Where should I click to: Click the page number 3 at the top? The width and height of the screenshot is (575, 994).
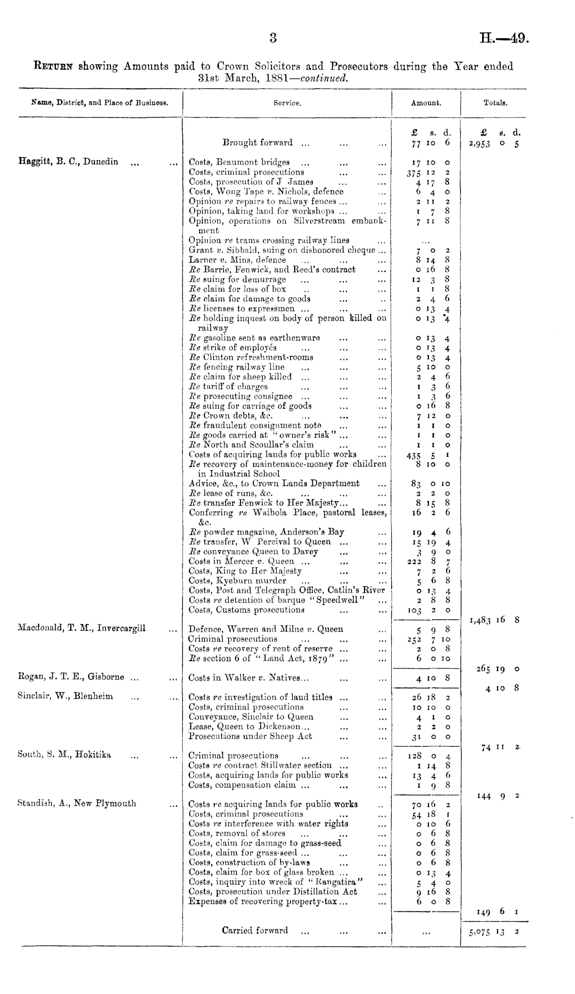pyautogui.click(x=273, y=37)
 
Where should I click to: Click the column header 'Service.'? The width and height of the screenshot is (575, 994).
pyautogui.click(x=287, y=103)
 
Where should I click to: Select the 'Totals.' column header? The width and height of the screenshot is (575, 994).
pyautogui.click(x=495, y=103)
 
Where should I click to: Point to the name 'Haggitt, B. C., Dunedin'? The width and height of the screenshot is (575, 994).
pyautogui.click(x=68, y=162)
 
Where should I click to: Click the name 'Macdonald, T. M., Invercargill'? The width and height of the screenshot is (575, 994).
pyautogui.click(x=82, y=628)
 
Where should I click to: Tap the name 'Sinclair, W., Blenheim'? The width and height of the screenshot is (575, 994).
pyautogui.click(x=65, y=696)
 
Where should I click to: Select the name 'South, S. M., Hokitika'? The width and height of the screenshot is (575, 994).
pyautogui.click(x=64, y=755)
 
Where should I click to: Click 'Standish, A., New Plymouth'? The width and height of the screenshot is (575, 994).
pyautogui.click(x=76, y=804)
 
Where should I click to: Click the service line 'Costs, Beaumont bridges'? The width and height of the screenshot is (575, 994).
pyautogui.click(x=239, y=163)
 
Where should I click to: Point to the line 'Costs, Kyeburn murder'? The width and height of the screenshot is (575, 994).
pyautogui.click(x=237, y=581)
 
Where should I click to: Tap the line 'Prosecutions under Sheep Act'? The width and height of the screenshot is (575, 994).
pyautogui.click(x=250, y=736)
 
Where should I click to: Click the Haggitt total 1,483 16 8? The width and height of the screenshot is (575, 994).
pyautogui.click(x=494, y=620)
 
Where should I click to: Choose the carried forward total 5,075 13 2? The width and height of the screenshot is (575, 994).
pyautogui.click(x=494, y=932)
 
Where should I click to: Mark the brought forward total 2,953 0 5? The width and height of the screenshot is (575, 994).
pyautogui.click(x=493, y=144)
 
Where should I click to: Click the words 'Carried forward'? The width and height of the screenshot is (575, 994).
pyautogui.click(x=255, y=931)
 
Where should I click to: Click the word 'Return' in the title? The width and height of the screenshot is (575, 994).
pyautogui.click(x=54, y=67)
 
